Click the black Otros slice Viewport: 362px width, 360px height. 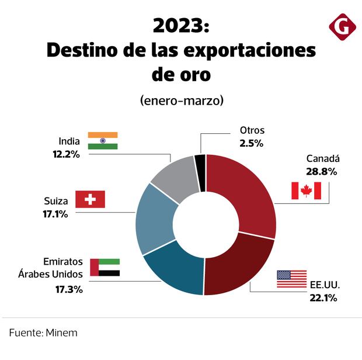(x=200, y=165)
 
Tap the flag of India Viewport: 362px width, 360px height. (x=103, y=141)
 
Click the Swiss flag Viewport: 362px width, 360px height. (x=90, y=200)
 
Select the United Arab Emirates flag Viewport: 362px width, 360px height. (x=105, y=267)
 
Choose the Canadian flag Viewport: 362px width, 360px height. (x=306, y=191)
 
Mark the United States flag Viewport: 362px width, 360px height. (x=291, y=279)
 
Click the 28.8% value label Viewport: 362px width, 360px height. (x=321, y=172)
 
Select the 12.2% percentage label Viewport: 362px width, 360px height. (x=66, y=154)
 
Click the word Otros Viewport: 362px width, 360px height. (x=252, y=130)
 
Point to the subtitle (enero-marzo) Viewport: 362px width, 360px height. (x=182, y=100)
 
